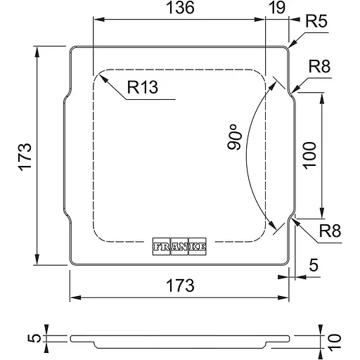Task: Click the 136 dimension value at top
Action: [180, 8]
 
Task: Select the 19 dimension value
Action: [277, 8]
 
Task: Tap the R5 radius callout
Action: [316, 21]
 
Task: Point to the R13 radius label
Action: [143, 87]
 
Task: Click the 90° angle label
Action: [234, 137]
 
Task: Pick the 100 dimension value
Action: [309, 155]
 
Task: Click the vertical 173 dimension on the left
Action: [25, 157]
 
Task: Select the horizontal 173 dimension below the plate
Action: [180, 285]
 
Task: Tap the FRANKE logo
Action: [179, 246]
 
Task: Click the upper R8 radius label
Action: [319, 67]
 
